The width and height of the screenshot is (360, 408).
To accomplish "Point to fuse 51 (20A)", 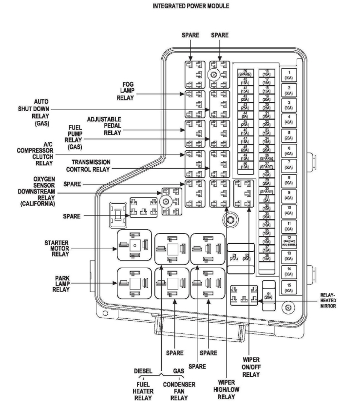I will pos(268,295).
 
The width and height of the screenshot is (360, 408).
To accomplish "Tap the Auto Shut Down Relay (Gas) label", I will pos(34,113).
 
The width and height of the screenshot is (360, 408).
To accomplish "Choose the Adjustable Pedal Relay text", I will pos(104,126).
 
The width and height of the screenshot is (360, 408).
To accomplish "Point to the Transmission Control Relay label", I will pos(91,165).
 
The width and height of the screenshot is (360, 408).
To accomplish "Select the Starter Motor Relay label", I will pos(56,247).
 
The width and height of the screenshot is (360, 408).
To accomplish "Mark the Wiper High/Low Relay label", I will pos(227,389).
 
